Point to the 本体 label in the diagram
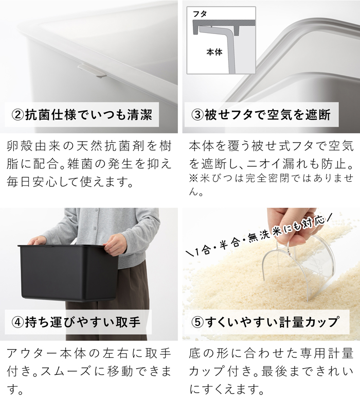pyautogui.click(x=213, y=52)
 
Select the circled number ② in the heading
pyautogui.click(x=18, y=114)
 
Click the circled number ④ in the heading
pyautogui.click(x=18, y=322)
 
